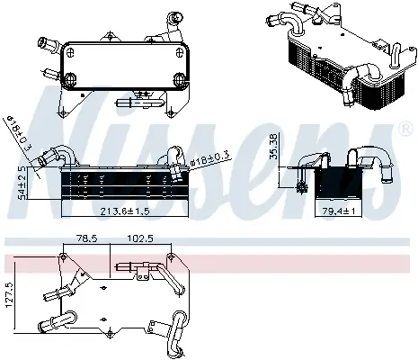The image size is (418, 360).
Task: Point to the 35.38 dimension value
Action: coord(273,146)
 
